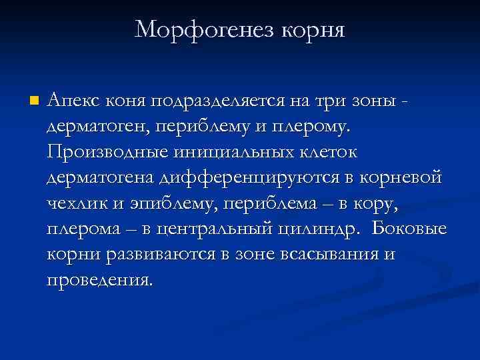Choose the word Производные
109,152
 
